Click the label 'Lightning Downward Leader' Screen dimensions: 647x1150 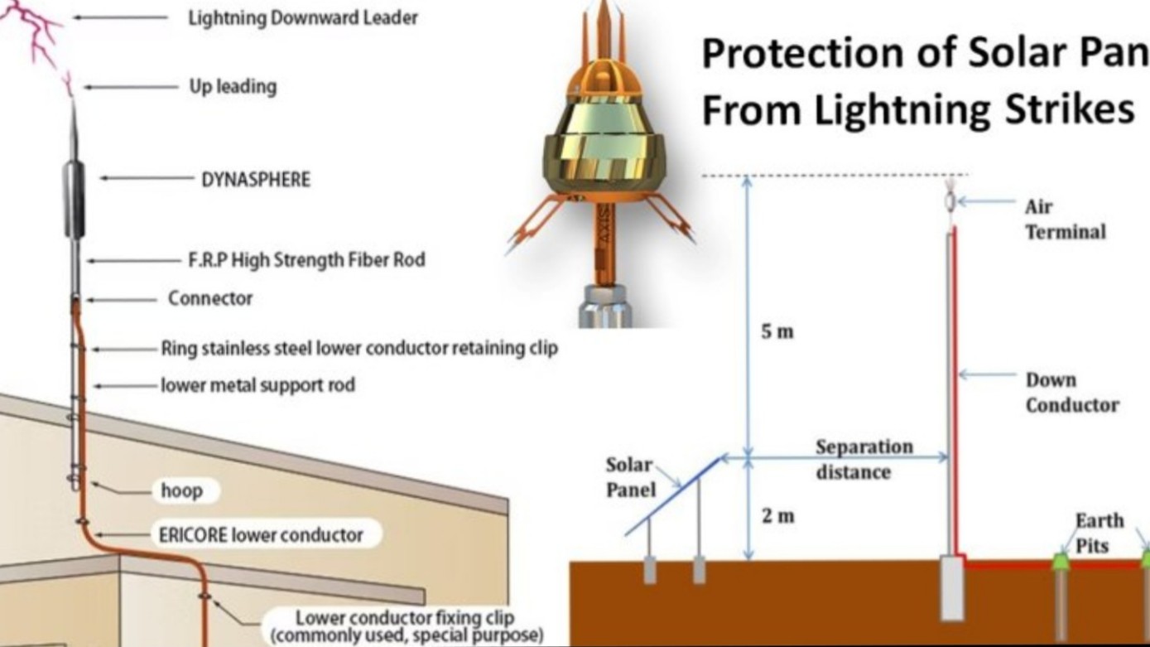[x=303, y=18]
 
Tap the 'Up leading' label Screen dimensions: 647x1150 [x=233, y=86]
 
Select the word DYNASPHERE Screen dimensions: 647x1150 [x=256, y=179]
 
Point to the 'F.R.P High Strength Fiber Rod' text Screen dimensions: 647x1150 [x=306, y=259]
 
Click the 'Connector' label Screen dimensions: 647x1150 [x=210, y=298]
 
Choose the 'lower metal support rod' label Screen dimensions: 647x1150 [x=257, y=385]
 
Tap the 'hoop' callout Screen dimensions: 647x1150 [x=181, y=491]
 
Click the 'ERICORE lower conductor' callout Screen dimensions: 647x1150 [x=261, y=534]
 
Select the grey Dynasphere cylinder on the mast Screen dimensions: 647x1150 [x=74, y=199]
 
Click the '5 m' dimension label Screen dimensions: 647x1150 [x=777, y=332]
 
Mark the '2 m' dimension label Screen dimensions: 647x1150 [x=777, y=516]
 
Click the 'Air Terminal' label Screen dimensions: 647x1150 [x=1065, y=219]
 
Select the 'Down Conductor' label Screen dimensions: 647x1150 [x=1071, y=392]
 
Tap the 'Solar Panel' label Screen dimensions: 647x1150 [x=630, y=477]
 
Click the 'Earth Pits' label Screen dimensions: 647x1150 [x=1099, y=532]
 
